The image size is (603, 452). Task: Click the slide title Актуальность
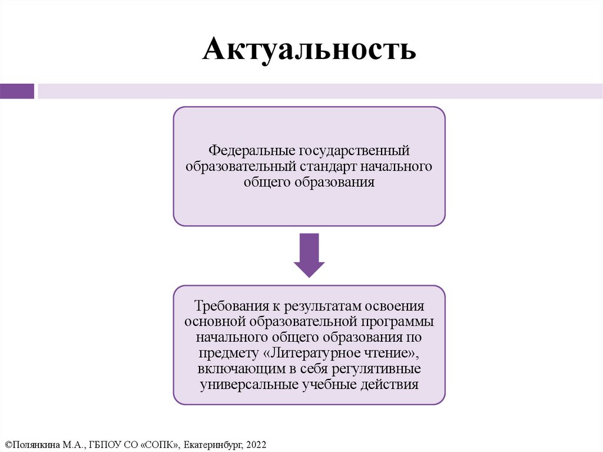(309, 50)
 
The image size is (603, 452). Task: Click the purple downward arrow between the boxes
(309, 253)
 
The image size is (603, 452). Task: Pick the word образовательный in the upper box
(235, 167)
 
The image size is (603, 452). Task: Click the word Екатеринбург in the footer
(210, 443)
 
